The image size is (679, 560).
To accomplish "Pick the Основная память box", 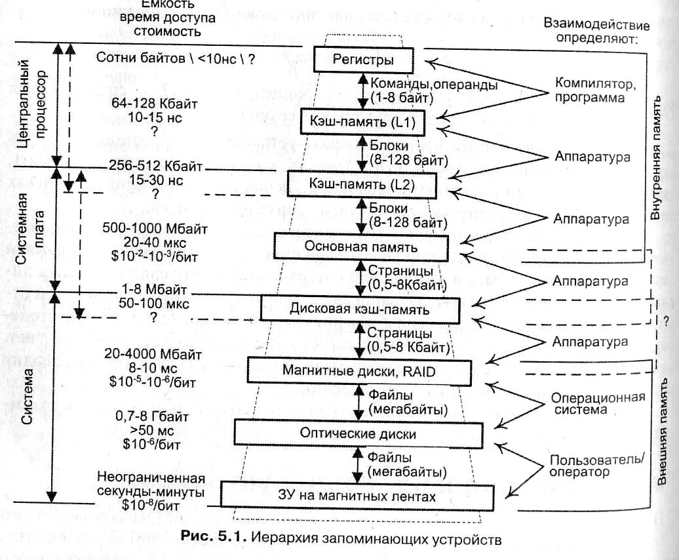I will point(360,247).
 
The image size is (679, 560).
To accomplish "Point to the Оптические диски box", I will point(357,433).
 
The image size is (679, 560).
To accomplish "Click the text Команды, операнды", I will point(433,85).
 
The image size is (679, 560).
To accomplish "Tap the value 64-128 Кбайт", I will point(156,104).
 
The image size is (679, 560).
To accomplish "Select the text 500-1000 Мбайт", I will point(155,229).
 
